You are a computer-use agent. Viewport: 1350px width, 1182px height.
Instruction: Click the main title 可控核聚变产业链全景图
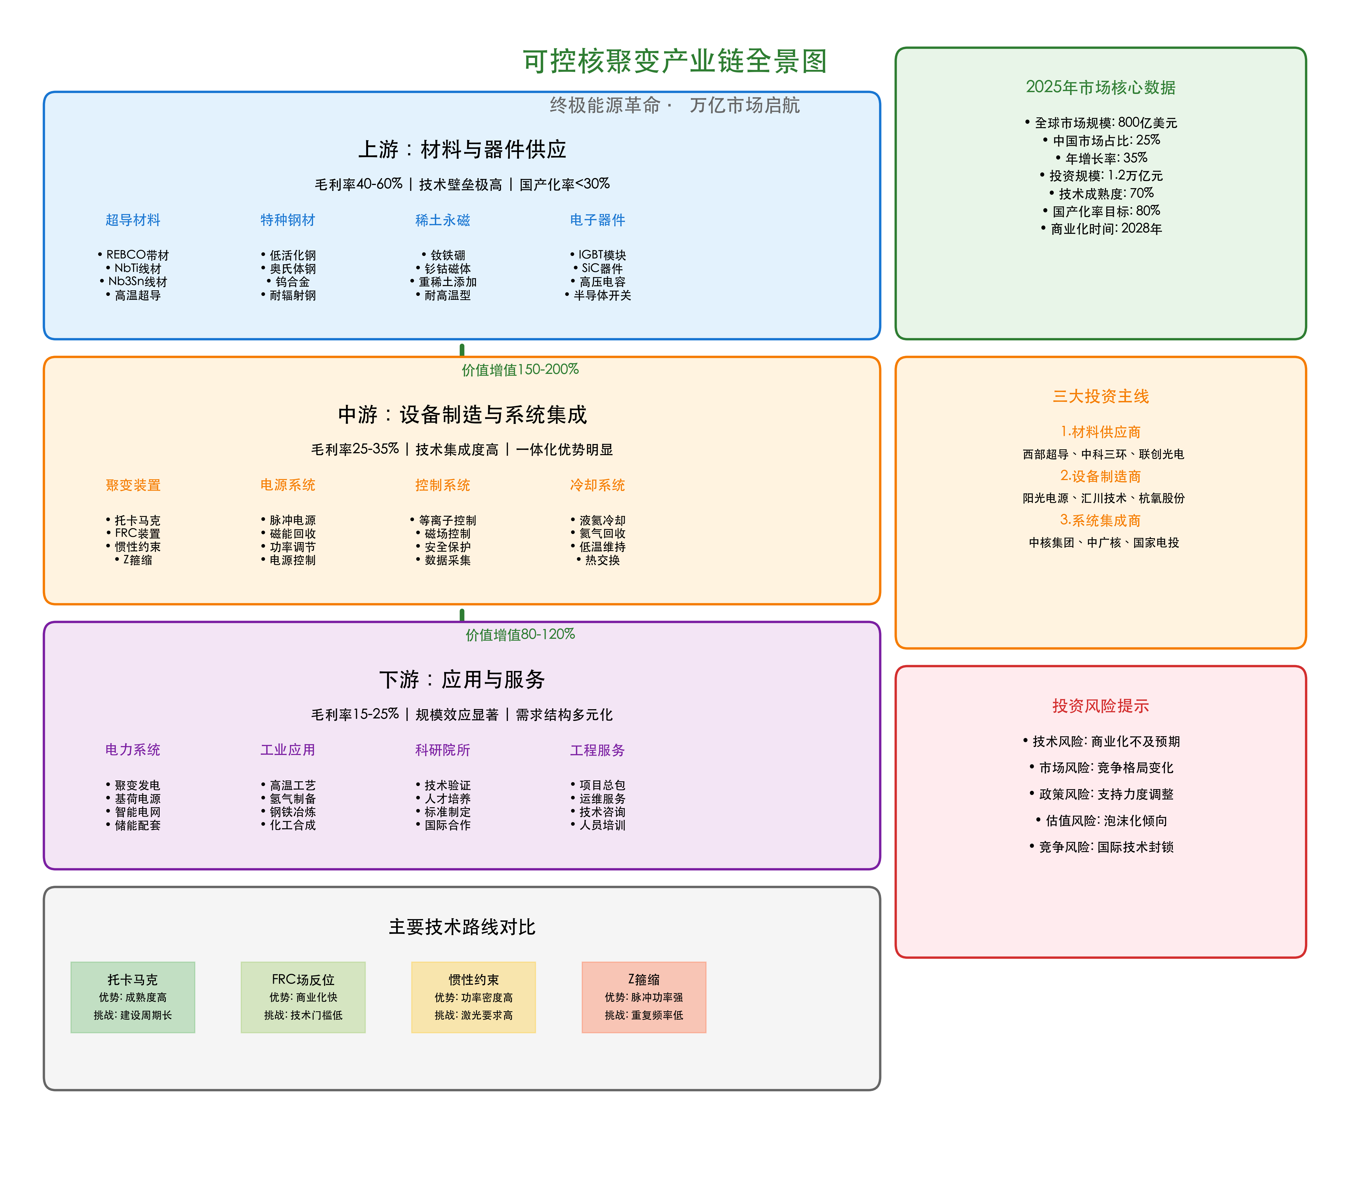click(674, 61)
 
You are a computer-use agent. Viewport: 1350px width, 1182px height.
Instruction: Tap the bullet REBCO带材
click(137, 255)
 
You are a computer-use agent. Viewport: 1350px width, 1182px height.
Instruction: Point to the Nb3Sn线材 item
click(137, 282)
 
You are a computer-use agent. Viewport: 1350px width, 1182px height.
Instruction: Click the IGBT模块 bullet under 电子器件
click(602, 255)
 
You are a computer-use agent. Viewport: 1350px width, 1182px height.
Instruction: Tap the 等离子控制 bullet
click(447, 520)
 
